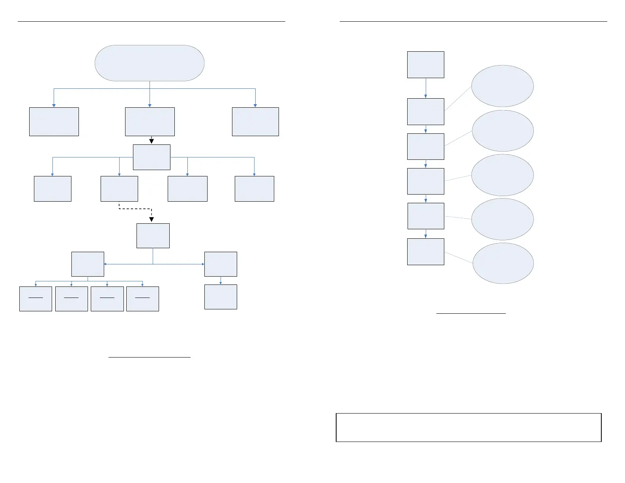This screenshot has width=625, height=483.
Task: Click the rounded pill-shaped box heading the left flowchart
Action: click(150, 63)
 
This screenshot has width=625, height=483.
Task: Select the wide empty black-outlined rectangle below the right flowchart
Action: click(468, 427)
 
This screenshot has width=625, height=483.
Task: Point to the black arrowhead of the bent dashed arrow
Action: click(152, 219)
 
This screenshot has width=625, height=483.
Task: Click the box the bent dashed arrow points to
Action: click(153, 236)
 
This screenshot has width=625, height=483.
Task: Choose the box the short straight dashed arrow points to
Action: click(152, 157)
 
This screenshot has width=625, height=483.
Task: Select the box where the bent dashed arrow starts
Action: click(119, 189)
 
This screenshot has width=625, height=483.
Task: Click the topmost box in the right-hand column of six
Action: click(425, 65)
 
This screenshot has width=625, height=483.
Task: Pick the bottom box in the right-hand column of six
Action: click(425, 251)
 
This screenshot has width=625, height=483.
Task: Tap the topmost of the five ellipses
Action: click(502, 86)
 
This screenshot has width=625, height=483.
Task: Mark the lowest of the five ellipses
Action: click(503, 263)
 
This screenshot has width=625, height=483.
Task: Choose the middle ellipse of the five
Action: click(502, 175)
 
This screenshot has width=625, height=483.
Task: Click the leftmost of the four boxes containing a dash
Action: click(36, 299)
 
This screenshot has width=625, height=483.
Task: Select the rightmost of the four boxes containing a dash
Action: click(142, 299)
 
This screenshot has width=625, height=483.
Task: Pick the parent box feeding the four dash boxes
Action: click(88, 264)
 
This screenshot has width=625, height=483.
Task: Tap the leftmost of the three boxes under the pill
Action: click(54, 122)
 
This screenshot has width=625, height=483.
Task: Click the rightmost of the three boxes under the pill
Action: click(255, 122)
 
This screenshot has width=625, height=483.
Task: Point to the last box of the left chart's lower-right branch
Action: click(221, 297)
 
